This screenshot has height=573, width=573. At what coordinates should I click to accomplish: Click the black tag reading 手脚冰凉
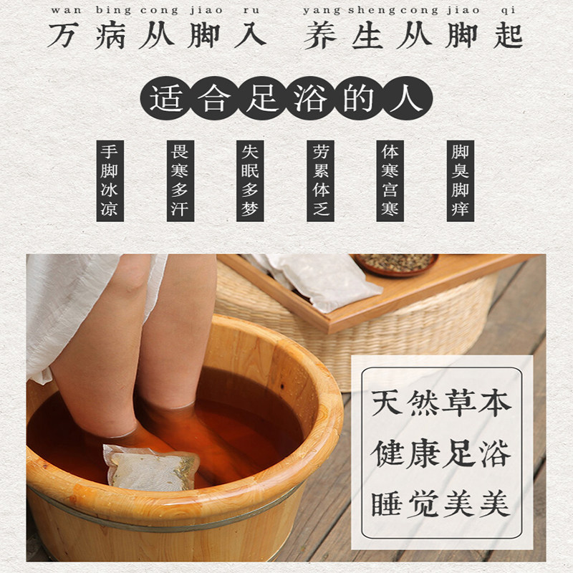click(110, 181)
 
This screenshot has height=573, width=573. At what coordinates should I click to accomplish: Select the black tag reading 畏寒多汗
click(180, 181)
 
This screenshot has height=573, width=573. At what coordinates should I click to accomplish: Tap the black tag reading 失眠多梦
click(250, 181)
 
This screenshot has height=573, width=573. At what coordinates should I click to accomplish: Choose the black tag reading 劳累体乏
click(320, 181)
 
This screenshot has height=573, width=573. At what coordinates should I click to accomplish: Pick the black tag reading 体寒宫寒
click(390, 181)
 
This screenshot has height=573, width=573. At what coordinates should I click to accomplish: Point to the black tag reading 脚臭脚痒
click(461, 181)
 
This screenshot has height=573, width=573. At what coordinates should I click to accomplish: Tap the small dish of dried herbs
click(396, 264)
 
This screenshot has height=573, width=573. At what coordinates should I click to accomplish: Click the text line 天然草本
click(441, 403)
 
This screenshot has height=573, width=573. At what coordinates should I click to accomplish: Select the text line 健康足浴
click(441, 453)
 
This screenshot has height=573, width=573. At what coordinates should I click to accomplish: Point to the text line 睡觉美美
click(441, 504)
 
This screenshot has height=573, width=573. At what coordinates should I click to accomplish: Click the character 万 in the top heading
click(63, 36)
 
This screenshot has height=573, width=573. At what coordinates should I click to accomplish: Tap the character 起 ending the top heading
click(508, 36)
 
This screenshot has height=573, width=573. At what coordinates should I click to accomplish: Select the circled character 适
click(165, 99)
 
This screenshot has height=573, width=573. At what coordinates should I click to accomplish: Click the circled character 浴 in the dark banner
click(311, 99)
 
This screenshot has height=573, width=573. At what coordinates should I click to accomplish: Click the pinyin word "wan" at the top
click(66, 10)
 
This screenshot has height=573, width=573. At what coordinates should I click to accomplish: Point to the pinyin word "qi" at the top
click(509, 11)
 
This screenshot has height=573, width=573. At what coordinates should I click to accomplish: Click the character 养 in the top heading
click(319, 36)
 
